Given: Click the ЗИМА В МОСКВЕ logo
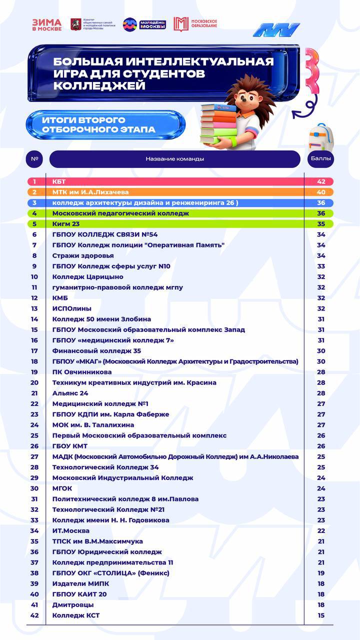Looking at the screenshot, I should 47,24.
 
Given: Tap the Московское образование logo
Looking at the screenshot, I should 195,24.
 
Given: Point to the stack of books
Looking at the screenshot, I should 218,124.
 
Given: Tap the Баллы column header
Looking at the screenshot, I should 320,159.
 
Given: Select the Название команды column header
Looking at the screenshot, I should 175,159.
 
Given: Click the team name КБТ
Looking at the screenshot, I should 59,181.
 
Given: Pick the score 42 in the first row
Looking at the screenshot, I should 321,181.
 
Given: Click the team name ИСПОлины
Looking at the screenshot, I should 72,308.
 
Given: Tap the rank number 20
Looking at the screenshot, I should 34,382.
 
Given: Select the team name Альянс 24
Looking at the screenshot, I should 70,393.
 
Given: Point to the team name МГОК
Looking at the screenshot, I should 62,488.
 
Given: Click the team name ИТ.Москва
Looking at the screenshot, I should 71,530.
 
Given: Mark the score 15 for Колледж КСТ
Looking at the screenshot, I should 321,615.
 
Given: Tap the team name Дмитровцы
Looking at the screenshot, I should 73,604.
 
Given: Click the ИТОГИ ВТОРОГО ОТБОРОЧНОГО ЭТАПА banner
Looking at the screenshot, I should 105,125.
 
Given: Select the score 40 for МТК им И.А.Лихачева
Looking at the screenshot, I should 321,192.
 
